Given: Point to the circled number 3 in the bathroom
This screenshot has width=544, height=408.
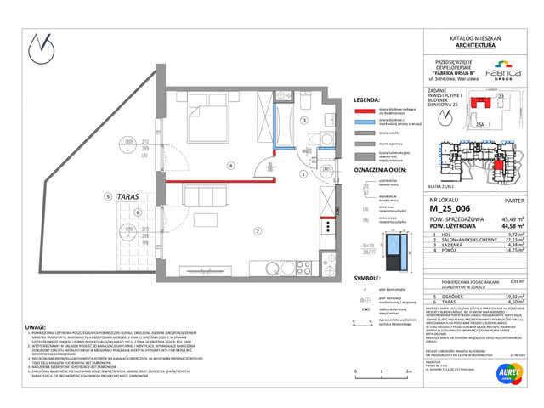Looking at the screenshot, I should [303, 122].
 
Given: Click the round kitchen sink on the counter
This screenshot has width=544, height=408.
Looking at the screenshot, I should [325, 142].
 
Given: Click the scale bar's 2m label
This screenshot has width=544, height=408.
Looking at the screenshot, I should [409, 372].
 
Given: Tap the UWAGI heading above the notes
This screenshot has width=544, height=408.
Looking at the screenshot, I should [36, 327].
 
